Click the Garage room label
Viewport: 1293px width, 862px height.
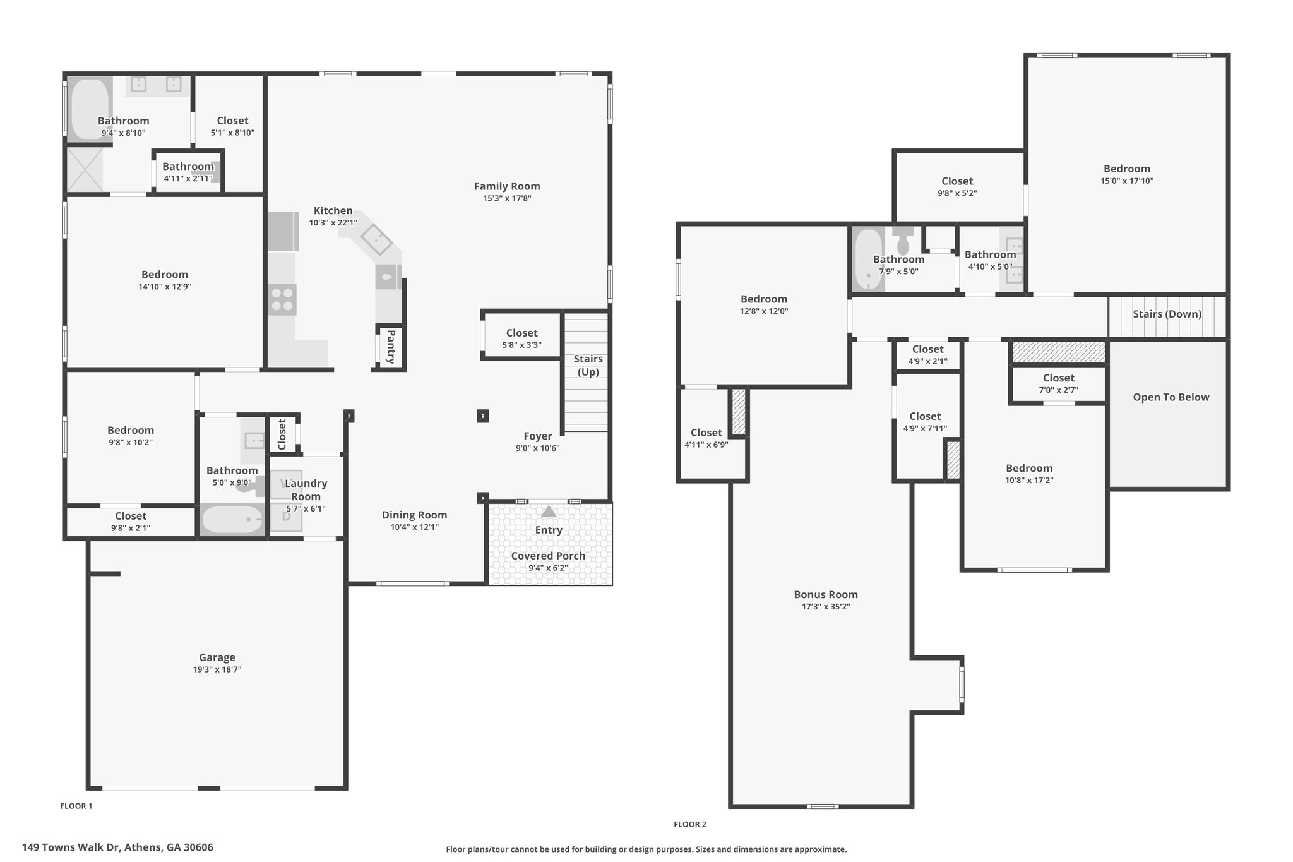click(x=217, y=657)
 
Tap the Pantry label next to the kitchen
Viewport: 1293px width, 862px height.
click(x=391, y=347)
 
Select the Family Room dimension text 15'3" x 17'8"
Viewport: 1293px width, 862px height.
click(x=507, y=198)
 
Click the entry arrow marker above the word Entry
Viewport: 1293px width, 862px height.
click(x=549, y=512)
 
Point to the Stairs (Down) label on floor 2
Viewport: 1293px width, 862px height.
click(x=1167, y=314)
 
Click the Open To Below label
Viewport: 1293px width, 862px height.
click(x=1171, y=397)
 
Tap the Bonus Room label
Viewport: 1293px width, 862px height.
click(x=826, y=594)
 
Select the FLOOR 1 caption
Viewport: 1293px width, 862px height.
click(x=76, y=806)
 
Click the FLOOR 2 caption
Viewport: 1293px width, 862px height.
click(x=690, y=824)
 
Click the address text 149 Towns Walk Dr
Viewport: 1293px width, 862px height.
click(x=71, y=847)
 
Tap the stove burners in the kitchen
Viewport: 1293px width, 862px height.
click(x=282, y=299)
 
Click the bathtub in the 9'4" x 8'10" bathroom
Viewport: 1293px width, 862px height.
click(x=89, y=108)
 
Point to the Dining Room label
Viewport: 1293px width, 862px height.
click(x=414, y=515)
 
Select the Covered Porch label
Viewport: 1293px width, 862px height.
click(x=548, y=556)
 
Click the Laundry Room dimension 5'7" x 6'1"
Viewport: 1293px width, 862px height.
click(x=306, y=509)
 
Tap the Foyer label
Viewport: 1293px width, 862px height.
click(x=538, y=436)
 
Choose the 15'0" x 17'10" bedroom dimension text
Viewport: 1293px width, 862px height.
click(x=1127, y=181)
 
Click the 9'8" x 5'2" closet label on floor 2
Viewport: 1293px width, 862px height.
click(x=957, y=181)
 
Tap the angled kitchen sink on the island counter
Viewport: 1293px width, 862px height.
click(x=376, y=239)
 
